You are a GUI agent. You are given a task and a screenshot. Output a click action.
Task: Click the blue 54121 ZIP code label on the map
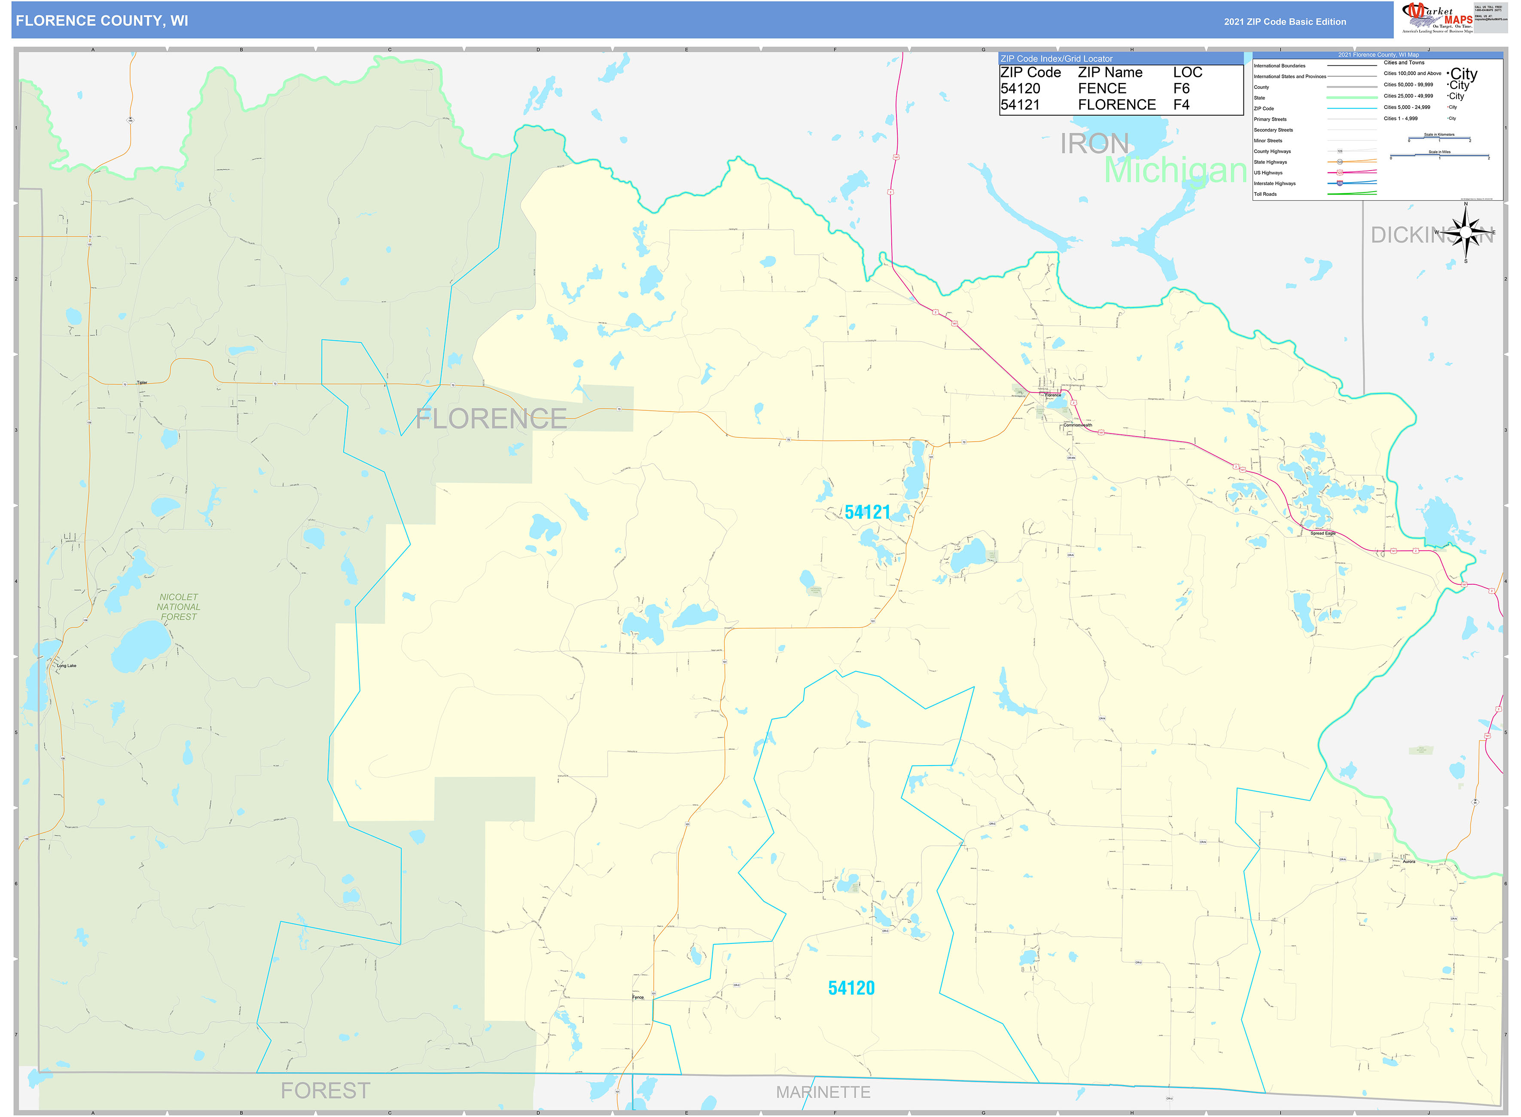[x=867, y=513]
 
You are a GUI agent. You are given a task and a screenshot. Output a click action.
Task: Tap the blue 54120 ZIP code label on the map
[x=851, y=989]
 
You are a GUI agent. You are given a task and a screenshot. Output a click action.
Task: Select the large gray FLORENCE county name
[x=491, y=419]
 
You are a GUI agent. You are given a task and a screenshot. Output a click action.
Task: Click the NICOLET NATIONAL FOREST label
[x=178, y=607]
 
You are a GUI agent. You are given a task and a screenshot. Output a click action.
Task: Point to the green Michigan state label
[x=1175, y=171]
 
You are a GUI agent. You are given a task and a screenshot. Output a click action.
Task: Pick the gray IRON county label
[x=1094, y=144]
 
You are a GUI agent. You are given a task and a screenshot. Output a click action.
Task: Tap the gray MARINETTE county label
[x=823, y=1092]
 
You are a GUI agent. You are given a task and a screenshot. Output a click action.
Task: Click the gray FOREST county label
[x=325, y=1091]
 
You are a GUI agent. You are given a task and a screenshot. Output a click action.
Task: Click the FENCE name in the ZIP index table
[x=1102, y=89]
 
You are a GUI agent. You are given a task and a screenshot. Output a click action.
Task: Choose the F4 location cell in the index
[x=1181, y=105]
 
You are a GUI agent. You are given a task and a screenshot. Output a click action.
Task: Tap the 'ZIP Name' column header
[x=1110, y=72]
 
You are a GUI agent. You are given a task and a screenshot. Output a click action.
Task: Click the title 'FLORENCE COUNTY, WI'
[x=102, y=21]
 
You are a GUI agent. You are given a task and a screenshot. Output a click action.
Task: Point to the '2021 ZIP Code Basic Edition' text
[x=1284, y=21]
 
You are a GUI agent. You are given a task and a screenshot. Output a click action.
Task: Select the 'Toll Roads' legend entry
[x=1265, y=194]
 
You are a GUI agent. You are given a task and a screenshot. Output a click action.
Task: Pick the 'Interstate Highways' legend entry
[x=1274, y=183]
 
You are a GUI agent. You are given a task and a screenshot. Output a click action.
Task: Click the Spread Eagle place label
[x=1322, y=534]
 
